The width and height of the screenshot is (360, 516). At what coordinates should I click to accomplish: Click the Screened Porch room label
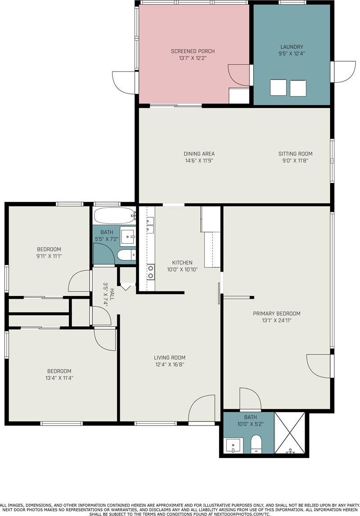[x=193, y=51]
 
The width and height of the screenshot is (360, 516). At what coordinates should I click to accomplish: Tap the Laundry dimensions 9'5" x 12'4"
[x=292, y=54]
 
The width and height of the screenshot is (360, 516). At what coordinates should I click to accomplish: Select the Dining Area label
[x=199, y=154]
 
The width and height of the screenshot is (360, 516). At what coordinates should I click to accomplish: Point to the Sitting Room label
[x=296, y=154]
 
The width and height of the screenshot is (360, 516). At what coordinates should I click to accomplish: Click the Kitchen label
[x=182, y=263]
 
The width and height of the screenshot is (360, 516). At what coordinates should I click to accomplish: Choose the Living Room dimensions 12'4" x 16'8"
[x=170, y=364]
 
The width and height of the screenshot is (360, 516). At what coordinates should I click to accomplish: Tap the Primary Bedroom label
[x=277, y=314]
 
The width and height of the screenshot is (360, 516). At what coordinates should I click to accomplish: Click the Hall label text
[x=112, y=294]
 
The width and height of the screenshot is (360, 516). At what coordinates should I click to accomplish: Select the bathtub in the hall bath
[x=114, y=216]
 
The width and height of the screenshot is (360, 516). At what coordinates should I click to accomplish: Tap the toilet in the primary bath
[x=256, y=444]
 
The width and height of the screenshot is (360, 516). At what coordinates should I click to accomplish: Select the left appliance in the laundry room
[x=278, y=88]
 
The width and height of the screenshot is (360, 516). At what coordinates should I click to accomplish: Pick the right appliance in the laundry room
[x=298, y=88]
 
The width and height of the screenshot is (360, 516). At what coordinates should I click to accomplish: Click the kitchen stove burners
[x=150, y=272]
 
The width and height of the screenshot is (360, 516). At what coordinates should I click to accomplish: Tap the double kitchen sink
[x=150, y=225]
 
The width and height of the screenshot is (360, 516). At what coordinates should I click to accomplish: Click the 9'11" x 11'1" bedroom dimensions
[x=49, y=256]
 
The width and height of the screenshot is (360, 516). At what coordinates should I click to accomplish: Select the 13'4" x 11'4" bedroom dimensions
[x=59, y=378]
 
